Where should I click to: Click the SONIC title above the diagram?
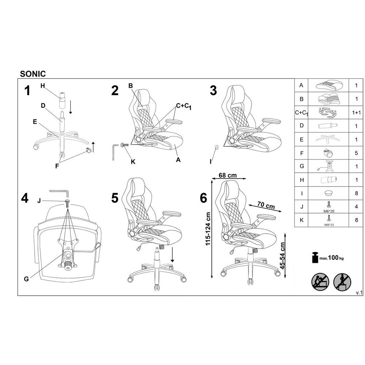point(33,74)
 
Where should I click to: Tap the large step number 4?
point(25,198)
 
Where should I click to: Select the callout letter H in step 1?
point(43,86)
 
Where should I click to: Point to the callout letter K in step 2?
point(133,162)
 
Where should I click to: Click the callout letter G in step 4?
point(26,279)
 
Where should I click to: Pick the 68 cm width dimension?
point(228,175)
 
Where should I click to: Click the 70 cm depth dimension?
point(266,205)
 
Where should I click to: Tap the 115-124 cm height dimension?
point(208,229)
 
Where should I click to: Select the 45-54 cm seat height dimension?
point(283,256)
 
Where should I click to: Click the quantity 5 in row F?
point(356,153)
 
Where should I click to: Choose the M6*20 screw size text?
point(329,211)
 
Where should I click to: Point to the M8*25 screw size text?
point(329,225)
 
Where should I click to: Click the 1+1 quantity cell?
point(356,113)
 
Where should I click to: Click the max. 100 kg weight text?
point(331,258)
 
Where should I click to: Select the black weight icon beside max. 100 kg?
point(315,257)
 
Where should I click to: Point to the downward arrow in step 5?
point(172,255)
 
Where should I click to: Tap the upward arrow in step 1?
point(93,147)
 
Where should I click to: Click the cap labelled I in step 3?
point(217,147)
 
